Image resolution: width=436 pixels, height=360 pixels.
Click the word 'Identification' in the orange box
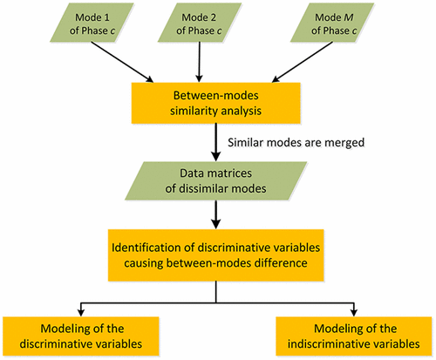coord(151,238)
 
